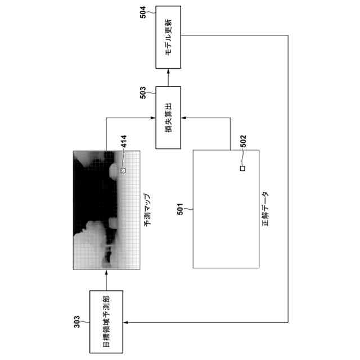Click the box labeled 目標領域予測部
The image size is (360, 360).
pyautogui.click(x=106, y=321)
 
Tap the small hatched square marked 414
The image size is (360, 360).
pyautogui.click(x=123, y=169)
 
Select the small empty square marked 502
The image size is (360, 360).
pyautogui.click(x=242, y=168)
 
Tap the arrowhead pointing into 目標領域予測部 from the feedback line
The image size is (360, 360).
pyautogui.click(x=126, y=322)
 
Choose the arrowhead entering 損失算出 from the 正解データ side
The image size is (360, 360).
pyautogui.click(x=184, y=118)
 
